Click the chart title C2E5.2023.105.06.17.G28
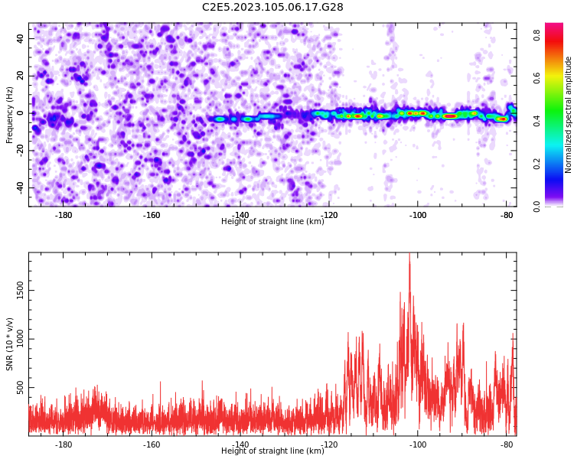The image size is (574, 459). click(x=272, y=7)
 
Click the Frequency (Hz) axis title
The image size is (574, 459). click(x=9, y=115)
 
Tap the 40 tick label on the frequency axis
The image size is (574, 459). click(x=20, y=38)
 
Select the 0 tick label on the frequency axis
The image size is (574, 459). click(x=20, y=113)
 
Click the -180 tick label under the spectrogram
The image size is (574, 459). click(x=64, y=215)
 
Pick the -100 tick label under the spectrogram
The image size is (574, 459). click(x=418, y=215)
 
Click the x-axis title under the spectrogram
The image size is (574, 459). click(x=272, y=221)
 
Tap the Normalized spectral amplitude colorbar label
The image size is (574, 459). click(x=568, y=115)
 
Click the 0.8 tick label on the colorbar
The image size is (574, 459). click(x=536, y=35)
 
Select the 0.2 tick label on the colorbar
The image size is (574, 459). click(x=536, y=164)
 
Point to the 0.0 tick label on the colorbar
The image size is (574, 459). click(x=536, y=207)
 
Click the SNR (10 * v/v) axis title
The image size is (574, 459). click(x=9, y=344)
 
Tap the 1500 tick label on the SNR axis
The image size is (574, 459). click(x=20, y=290)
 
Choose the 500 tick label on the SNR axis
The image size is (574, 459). click(x=20, y=388)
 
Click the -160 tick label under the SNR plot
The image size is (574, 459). click(x=152, y=444)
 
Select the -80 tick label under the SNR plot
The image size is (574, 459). click(x=507, y=444)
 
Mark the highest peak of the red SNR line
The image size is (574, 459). click(x=409, y=253)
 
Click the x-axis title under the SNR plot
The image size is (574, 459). click(x=272, y=451)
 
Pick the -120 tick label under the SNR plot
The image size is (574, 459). click(x=329, y=444)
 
